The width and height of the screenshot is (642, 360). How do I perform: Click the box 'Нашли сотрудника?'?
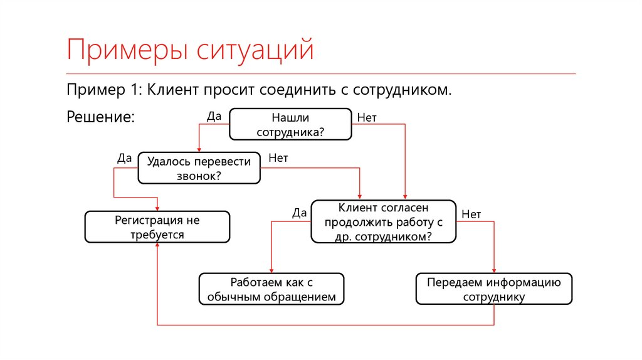coord(290,124)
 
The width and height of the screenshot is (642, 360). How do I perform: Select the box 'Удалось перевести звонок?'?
coord(199,168)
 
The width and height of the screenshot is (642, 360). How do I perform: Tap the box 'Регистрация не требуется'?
coord(157,227)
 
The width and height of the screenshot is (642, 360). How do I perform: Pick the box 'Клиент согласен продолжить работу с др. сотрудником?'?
coord(384,221)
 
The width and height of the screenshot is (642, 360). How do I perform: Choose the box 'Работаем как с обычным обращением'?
coord(271,289)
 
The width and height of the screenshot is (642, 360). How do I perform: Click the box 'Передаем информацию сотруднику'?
coord(494,289)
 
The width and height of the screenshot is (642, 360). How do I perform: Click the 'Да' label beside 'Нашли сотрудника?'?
coord(214,116)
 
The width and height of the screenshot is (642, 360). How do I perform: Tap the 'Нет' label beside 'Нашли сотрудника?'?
coord(366,117)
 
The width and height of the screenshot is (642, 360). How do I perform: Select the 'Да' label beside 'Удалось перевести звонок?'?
coord(125,158)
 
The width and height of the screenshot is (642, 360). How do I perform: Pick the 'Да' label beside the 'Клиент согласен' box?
coord(299,213)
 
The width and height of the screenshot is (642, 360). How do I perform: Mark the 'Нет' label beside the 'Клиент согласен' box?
coord(471,214)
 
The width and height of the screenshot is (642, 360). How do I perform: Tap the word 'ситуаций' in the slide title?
coord(255,50)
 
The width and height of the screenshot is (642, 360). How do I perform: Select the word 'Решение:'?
coord(101,117)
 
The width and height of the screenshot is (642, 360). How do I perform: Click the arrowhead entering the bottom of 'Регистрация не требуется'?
coord(157,245)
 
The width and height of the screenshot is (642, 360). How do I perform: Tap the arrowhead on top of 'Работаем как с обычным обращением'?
coord(271,271)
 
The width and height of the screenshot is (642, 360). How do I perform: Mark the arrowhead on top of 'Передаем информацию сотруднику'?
coord(494,271)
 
